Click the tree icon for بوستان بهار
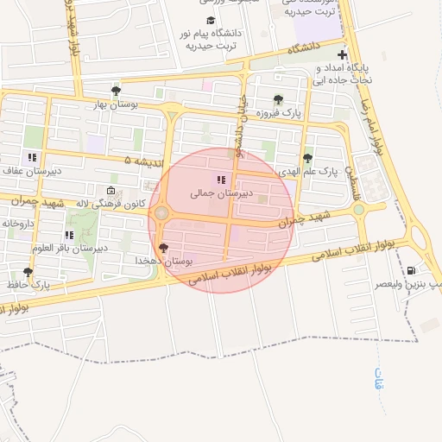(116, 91)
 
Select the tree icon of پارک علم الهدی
(307, 157)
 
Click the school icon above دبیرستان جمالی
(221, 180)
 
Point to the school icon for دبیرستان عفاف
(32, 157)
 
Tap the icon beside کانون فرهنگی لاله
(110, 191)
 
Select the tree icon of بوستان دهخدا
(164, 248)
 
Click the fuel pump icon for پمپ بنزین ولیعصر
(422, 270)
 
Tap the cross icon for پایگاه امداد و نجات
(344, 54)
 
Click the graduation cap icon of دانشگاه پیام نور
(211, 21)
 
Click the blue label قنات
(378, 377)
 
